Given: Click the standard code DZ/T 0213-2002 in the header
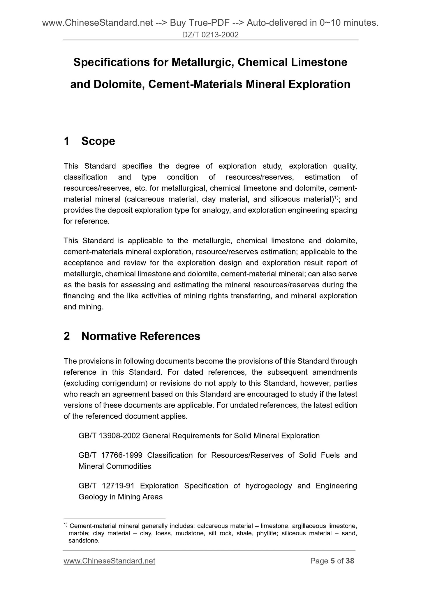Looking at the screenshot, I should (210, 35).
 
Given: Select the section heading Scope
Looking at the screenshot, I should (98, 141).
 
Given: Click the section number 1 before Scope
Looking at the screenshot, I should (67, 141).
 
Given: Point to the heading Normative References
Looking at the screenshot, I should (141, 336).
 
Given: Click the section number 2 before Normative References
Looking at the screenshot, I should (67, 336).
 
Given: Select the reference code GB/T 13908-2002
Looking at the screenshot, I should (109, 436).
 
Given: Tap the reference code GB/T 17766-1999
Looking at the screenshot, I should (110, 455).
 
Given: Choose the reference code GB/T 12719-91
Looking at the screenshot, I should (106, 486).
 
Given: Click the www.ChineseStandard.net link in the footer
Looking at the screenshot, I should (109, 561).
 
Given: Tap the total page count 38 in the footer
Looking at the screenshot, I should (350, 561).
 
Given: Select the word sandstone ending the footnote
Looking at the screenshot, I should (84, 541).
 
